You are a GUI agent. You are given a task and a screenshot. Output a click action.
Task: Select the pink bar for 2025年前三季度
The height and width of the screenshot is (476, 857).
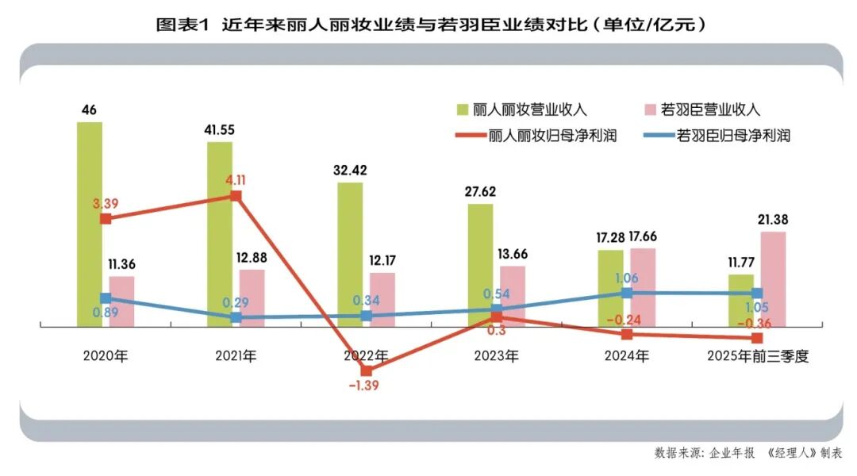772,278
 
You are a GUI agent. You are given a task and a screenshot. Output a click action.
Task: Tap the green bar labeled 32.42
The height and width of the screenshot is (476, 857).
350,254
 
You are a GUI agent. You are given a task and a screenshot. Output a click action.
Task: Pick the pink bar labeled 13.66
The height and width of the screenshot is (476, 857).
512,295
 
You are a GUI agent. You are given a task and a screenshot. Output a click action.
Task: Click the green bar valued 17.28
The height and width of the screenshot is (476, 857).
610,287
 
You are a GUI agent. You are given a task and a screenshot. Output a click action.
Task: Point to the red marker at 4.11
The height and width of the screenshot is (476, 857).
236,195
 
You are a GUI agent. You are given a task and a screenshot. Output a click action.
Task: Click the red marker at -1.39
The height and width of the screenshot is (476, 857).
366,370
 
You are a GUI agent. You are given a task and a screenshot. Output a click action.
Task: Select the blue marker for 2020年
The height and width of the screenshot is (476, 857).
106,297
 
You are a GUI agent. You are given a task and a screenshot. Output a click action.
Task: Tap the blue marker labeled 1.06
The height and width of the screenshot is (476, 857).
626,293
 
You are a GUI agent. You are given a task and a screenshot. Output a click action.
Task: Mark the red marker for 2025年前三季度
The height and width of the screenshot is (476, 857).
756,339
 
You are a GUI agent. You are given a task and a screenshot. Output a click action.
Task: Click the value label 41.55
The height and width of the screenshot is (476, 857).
220,129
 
